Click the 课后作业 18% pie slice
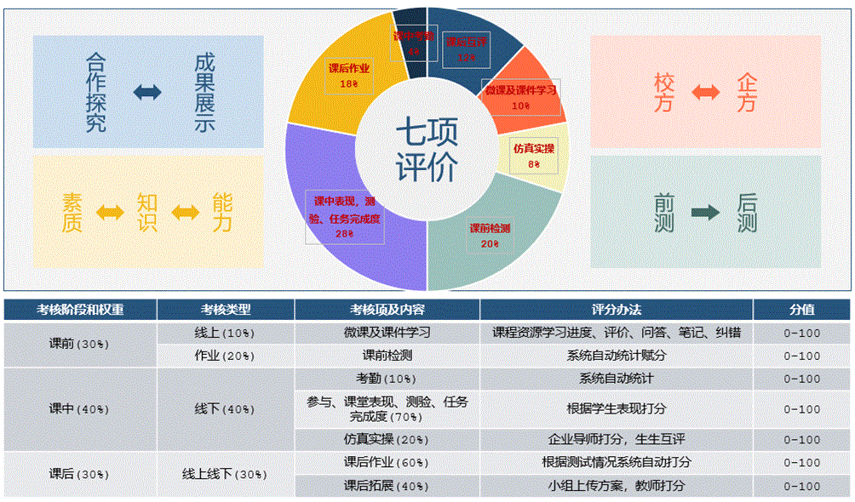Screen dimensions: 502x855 [336, 81]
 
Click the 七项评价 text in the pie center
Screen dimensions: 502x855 [427, 149]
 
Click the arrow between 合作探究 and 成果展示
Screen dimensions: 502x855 [146, 92]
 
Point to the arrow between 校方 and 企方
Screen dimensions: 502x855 [707, 92]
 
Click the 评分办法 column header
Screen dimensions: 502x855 [617, 310]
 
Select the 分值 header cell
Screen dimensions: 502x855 [801, 310]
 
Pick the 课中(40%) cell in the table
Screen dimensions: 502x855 [80, 409]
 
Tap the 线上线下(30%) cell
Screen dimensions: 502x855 [226, 474]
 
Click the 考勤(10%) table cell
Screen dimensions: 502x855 [387, 378]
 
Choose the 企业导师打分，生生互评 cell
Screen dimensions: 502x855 [617, 440]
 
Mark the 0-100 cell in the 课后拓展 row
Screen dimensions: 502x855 [801, 486]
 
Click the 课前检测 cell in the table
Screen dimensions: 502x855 [387, 355]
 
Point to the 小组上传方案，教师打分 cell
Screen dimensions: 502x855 [617, 486]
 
